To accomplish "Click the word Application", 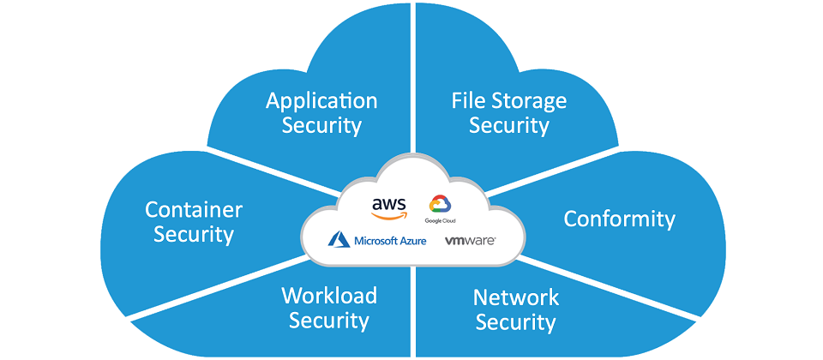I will (321, 101).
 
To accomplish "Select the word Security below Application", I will (321, 126).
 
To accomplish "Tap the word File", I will (469, 101).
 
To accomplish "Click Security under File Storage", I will (509, 126).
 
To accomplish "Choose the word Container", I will (194, 209).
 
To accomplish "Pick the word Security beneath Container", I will (194, 234).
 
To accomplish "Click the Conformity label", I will (619, 219).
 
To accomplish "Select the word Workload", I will (329, 296).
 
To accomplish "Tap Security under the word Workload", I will (329, 321).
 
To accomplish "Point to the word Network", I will (516, 297).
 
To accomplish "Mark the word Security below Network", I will (516, 323).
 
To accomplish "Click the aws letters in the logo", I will (389, 204).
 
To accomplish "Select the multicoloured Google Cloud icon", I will (440, 204).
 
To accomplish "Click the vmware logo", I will (470, 241).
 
